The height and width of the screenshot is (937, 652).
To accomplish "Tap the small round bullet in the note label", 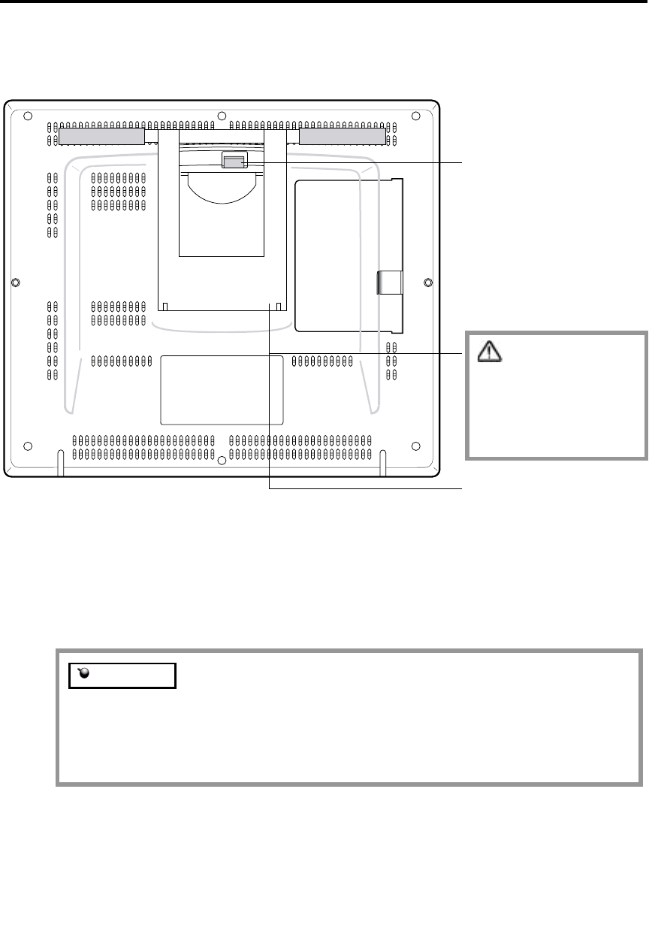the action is tap(83, 675).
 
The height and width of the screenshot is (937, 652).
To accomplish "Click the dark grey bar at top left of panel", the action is tap(101, 137).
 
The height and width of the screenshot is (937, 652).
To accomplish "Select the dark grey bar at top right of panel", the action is tap(343, 137).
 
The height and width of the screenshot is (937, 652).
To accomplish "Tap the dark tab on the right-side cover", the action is tap(389, 283).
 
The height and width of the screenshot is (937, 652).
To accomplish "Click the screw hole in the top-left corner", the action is tap(27, 116).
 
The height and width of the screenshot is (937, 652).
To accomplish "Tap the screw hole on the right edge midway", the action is tap(428, 283).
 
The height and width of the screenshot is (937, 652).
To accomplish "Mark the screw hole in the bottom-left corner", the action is tap(27, 443).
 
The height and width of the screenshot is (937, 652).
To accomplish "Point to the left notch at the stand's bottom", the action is tap(166, 307).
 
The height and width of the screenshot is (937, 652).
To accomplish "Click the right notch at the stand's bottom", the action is tap(279, 307).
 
